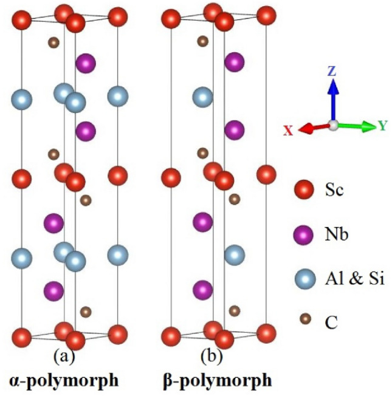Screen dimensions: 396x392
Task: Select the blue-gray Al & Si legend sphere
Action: [x=306, y=278]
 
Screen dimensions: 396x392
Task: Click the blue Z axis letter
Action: [x=332, y=71]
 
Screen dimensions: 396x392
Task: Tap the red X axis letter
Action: [x=289, y=129]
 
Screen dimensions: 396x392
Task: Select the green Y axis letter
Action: [x=383, y=126]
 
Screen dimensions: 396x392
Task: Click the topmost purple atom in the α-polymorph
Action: [x=86, y=62]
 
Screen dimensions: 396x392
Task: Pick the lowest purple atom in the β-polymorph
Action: [x=203, y=291]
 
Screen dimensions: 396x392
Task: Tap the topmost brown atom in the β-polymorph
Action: [x=203, y=42]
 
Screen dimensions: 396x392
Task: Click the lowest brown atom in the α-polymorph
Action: [x=86, y=312]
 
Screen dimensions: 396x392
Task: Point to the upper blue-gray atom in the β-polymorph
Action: [x=203, y=96]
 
